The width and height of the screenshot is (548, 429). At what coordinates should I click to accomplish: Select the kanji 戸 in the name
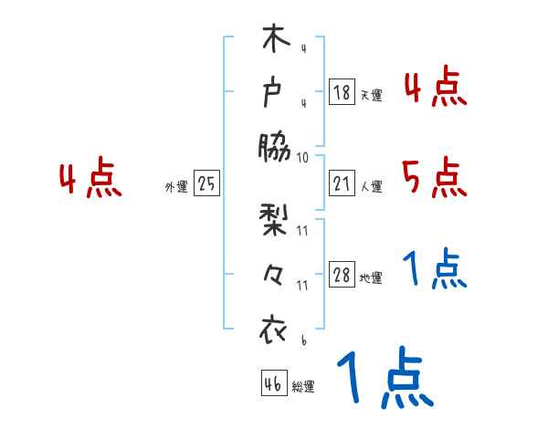click(x=274, y=93)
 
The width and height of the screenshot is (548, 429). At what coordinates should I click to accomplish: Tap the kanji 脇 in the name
click(x=274, y=146)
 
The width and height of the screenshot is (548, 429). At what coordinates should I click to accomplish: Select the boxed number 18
click(x=342, y=91)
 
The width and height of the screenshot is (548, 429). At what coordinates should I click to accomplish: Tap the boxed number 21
click(x=342, y=183)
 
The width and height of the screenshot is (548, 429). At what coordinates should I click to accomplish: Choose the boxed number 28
click(x=342, y=276)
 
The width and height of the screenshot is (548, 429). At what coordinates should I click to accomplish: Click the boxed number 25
click(x=206, y=183)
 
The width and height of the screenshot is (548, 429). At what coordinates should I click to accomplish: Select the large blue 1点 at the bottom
click(x=384, y=380)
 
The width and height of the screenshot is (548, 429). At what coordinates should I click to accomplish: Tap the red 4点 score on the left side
click(x=90, y=179)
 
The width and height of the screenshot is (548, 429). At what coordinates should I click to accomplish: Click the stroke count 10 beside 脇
click(x=303, y=157)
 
